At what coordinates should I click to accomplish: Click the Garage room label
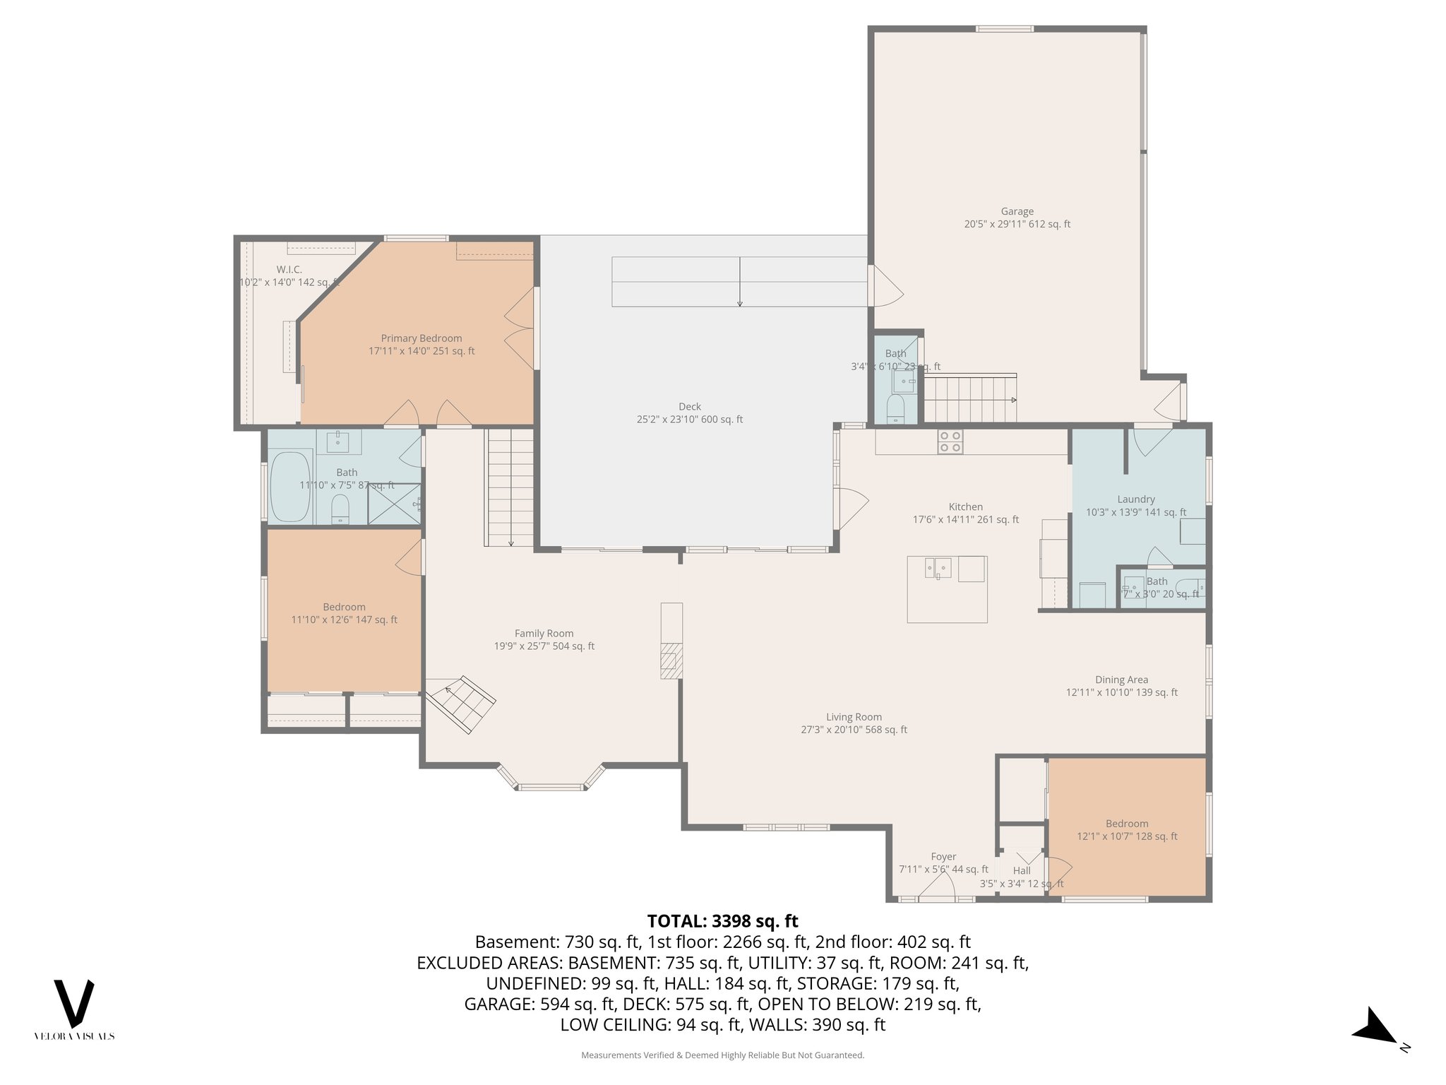pyautogui.click(x=1017, y=211)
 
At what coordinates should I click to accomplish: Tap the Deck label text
pyautogui.click(x=689, y=407)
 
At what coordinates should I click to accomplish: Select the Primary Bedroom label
pyautogui.click(x=422, y=338)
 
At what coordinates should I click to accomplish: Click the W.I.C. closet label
pyautogui.click(x=289, y=270)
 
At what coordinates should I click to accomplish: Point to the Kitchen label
pyautogui.click(x=965, y=507)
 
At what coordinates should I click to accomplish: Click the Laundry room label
pyautogui.click(x=1136, y=499)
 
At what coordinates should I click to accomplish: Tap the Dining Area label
pyautogui.click(x=1121, y=680)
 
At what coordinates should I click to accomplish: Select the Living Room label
pyautogui.click(x=854, y=717)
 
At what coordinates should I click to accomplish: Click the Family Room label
pyautogui.click(x=544, y=634)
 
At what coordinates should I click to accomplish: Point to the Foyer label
pyautogui.click(x=943, y=857)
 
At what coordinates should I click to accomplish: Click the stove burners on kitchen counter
pyautogui.click(x=950, y=441)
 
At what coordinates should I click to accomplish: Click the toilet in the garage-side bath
pyautogui.click(x=895, y=409)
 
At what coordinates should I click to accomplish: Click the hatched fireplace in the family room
pyautogui.click(x=671, y=660)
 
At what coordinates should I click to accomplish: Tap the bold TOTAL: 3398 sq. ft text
pyautogui.click(x=722, y=921)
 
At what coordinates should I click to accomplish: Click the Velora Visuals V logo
pyautogui.click(x=74, y=1003)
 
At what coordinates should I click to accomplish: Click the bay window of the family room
pyautogui.click(x=551, y=785)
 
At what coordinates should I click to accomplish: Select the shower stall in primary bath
pyautogui.click(x=393, y=504)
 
